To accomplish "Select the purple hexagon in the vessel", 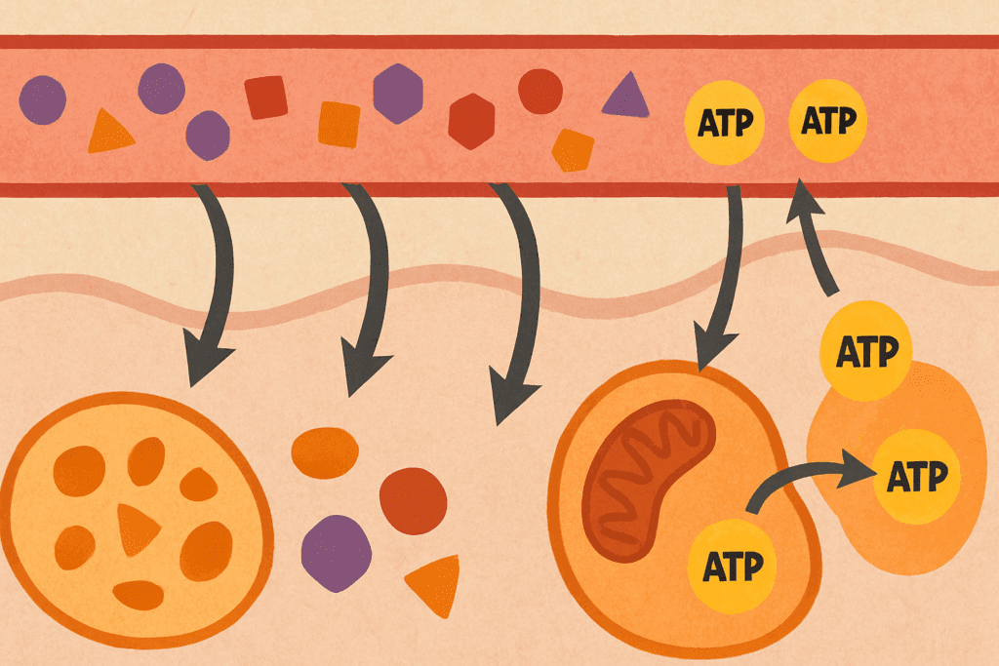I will point(398,94).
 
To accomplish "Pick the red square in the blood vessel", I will point(265,98).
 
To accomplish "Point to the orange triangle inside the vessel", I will point(110,133).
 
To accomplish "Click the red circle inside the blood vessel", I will point(540,92).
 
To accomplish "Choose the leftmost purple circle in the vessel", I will point(43,98).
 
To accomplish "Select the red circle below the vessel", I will point(413,500).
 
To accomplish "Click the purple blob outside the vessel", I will point(337,553).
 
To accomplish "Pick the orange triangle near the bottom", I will point(436,584).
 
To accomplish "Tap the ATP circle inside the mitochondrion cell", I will point(727,565).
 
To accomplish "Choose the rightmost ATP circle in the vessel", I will point(827,122).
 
